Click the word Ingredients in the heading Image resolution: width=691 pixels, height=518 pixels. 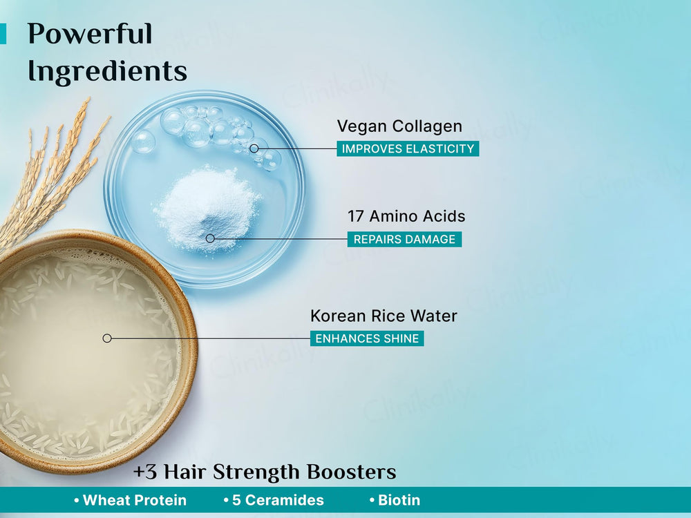(107, 70)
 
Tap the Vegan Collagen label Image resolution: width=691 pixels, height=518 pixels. (399, 126)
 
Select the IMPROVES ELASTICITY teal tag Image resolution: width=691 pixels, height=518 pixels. (408, 148)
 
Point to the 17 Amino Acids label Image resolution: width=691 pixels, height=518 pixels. (406, 216)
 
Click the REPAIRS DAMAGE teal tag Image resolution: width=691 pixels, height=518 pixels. (404, 240)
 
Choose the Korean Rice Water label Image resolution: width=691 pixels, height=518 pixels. (384, 316)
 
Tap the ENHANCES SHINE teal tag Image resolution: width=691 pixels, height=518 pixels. (367, 338)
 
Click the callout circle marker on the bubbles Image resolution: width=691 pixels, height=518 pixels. (254, 148)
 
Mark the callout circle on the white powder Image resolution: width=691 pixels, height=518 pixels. (210, 238)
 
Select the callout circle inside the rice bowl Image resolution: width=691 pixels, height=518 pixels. (107, 338)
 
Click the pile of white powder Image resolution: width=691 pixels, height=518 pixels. (207, 207)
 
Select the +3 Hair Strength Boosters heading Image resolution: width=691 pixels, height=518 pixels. (265, 472)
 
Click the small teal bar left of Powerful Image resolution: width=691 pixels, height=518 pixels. (3, 34)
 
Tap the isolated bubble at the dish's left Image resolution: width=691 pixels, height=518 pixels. (144, 142)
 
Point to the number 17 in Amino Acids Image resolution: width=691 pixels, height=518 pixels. (356, 216)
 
